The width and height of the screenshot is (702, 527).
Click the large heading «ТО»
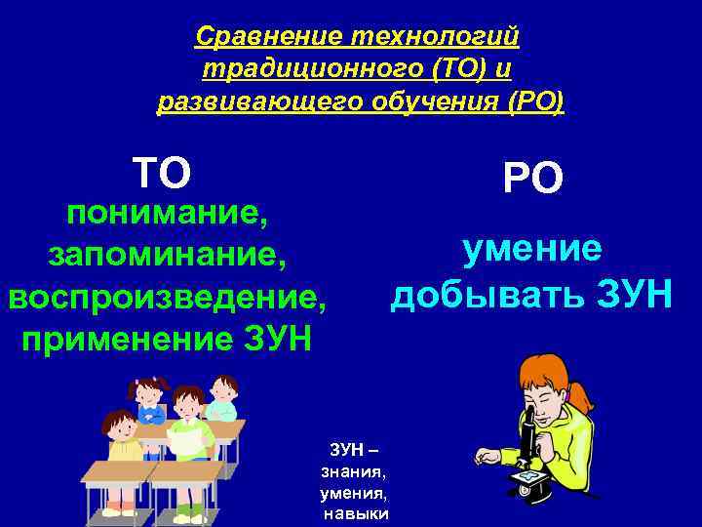click(162, 174)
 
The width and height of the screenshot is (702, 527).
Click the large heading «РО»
click(532, 179)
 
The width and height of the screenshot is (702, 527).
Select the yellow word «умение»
click(532, 250)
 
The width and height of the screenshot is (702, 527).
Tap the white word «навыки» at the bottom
click(355, 513)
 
